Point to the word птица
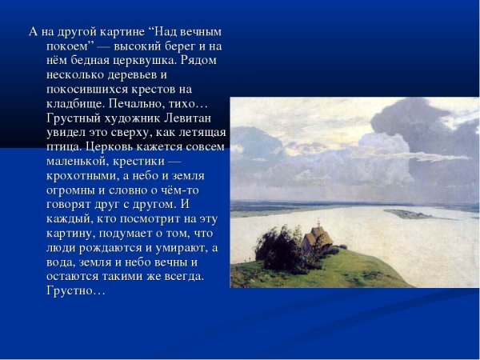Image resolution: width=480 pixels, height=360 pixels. click(63, 147)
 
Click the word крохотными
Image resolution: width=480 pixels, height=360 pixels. click(82, 176)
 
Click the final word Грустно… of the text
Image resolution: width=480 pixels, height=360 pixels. click(76, 291)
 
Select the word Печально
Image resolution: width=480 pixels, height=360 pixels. click(155, 104)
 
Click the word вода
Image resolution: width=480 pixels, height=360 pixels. click(62, 262)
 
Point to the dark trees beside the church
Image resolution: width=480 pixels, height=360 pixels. click(281, 249)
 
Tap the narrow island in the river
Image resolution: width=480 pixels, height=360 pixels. click(407, 214)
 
